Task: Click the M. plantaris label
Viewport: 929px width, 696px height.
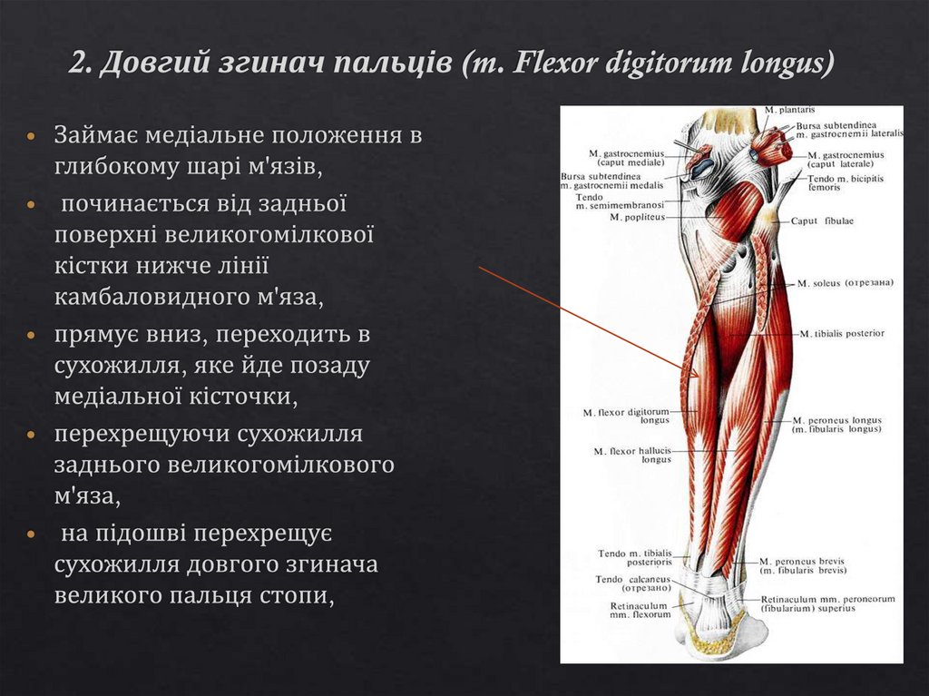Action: point(782,111)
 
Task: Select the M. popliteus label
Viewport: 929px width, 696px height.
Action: point(637,218)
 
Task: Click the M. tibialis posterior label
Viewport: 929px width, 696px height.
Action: point(842,334)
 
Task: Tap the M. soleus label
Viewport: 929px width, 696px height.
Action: point(819,283)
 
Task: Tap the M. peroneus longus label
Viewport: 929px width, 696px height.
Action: point(836,425)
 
